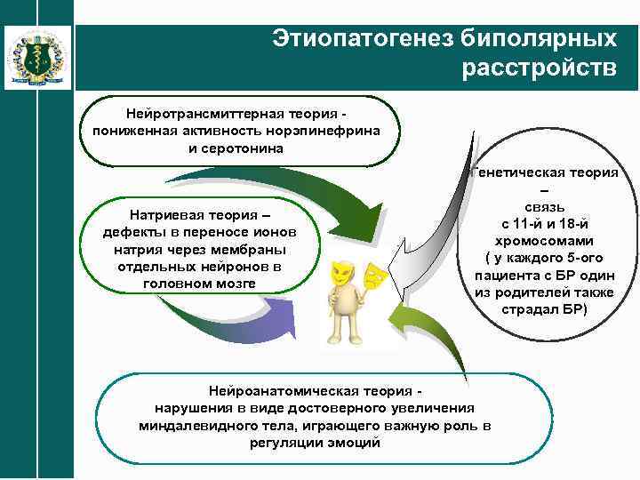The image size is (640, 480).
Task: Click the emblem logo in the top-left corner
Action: (35, 56)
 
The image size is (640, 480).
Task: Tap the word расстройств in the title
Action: (539, 68)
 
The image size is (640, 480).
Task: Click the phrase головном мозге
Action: (198, 283)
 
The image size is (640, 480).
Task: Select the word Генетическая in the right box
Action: (517, 172)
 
